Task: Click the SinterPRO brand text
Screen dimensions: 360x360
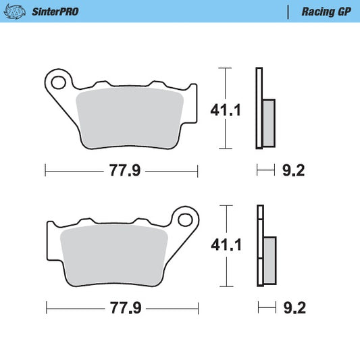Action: pyautogui.click(x=55, y=11)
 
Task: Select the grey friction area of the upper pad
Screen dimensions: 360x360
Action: pyautogui.click(x=129, y=119)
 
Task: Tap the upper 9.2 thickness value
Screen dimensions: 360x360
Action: pyautogui.click(x=294, y=170)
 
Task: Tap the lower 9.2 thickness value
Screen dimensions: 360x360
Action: pyautogui.click(x=294, y=308)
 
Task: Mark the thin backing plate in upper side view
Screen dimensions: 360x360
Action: pyautogui.click(x=258, y=108)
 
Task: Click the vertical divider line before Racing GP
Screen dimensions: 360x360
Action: pyautogui.click(x=289, y=11)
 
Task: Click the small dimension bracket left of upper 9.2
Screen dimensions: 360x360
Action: pyautogui.click(x=265, y=170)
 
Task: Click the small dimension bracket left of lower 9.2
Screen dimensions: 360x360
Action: pyautogui.click(x=266, y=308)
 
